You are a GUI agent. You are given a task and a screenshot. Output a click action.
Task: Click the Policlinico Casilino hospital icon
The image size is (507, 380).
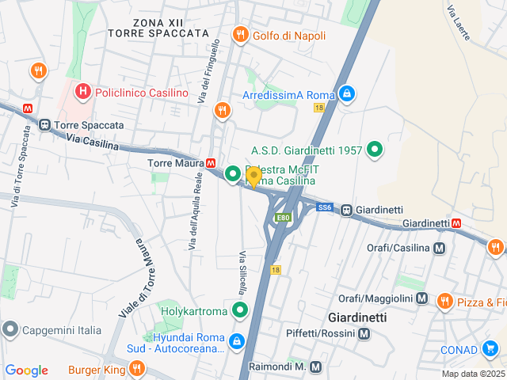click(x=83, y=93)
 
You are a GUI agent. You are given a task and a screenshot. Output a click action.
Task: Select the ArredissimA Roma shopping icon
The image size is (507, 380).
click(x=346, y=95)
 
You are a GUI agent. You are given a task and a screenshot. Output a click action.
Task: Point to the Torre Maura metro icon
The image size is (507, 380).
click(x=211, y=163)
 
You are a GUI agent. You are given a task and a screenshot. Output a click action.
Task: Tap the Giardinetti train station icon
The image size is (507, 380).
click(x=346, y=210)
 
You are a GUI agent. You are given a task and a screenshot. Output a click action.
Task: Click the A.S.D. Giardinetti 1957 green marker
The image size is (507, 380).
click(x=375, y=150)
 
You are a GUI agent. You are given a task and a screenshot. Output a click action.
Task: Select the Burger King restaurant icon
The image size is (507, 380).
click(x=137, y=368)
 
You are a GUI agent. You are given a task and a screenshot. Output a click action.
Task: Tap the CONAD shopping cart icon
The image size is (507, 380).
click(x=490, y=349)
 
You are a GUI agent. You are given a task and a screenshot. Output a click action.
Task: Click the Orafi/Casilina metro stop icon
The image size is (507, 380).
click(x=440, y=248)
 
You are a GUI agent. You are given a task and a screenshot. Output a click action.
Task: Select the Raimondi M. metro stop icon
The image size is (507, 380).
click(x=316, y=367)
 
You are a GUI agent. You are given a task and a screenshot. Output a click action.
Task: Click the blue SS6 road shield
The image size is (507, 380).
click(x=324, y=207)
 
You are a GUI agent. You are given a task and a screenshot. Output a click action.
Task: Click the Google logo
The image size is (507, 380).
click(x=26, y=370)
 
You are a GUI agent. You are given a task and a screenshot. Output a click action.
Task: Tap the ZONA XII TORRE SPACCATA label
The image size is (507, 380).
click(x=160, y=28)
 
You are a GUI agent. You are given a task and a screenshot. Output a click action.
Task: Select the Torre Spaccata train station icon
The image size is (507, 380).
click(x=45, y=125)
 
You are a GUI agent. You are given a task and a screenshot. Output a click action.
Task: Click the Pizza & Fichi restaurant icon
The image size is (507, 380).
click(x=444, y=301)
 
